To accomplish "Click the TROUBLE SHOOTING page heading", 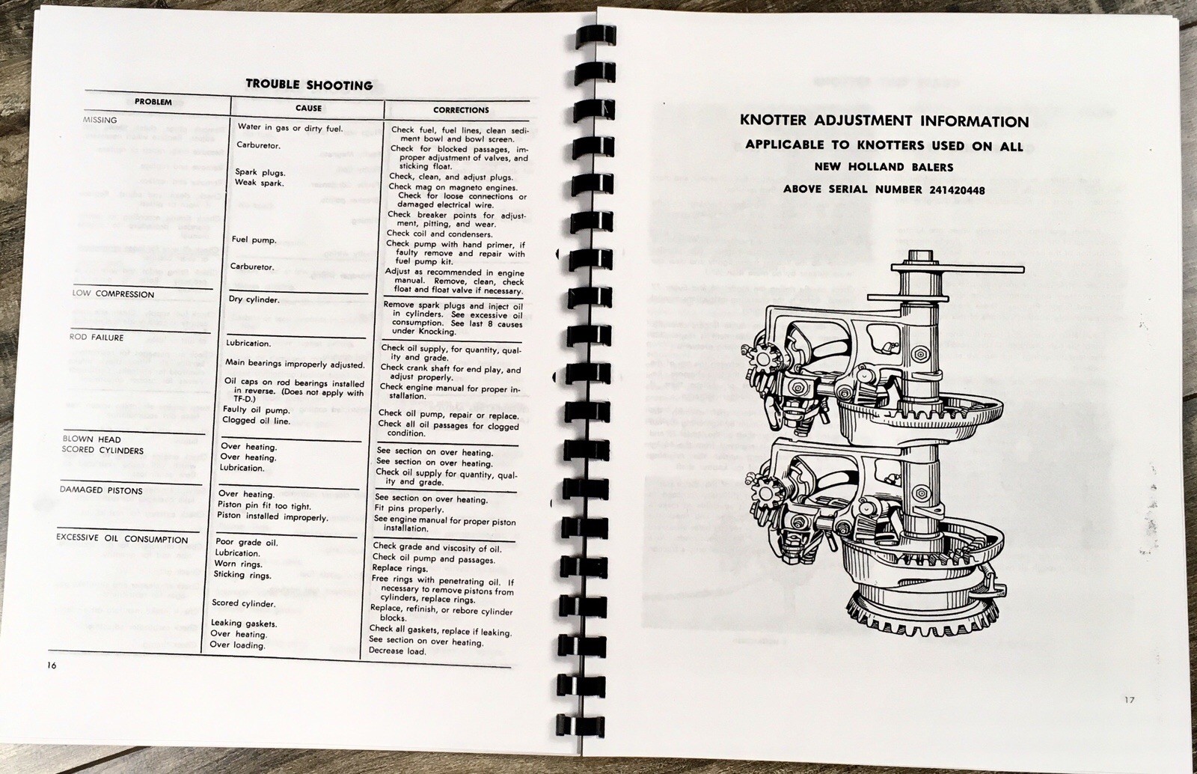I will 309,85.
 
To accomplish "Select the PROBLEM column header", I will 153,102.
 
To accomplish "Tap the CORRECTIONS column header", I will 461,110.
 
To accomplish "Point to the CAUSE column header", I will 308,108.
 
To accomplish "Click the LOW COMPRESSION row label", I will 113,293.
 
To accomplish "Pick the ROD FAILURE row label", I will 97,337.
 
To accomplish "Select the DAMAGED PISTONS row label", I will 101,490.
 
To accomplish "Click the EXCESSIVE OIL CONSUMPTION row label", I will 122,538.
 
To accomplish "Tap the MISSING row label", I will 100,120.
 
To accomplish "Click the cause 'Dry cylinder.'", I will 254,299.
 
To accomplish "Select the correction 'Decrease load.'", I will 397,651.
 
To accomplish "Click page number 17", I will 1129,700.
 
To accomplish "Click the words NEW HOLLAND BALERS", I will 884,167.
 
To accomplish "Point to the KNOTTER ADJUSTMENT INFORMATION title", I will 884,121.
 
